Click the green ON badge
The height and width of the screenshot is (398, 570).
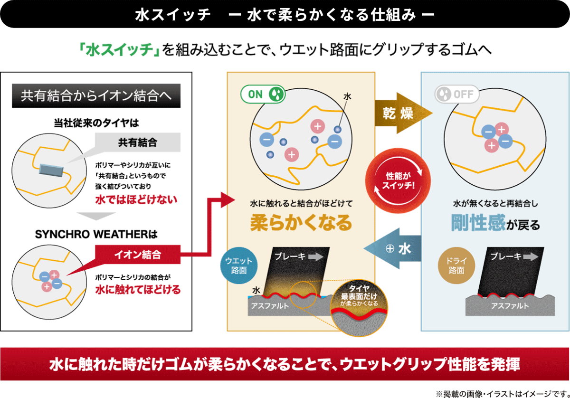[x=263, y=94]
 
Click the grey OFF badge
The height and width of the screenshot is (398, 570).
[x=457, y=94]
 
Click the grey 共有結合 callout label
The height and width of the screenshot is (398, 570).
[x=137, y=142]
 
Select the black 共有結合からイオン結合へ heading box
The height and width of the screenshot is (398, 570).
[x=97, y=96]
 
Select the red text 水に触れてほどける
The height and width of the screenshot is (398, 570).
[x=138, y=289]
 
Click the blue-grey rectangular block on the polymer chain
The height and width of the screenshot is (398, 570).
[x=50, y=170]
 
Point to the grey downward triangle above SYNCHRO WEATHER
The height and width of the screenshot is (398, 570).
[x=96, y=216]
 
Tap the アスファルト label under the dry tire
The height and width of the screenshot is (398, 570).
[x=510, y=306]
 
